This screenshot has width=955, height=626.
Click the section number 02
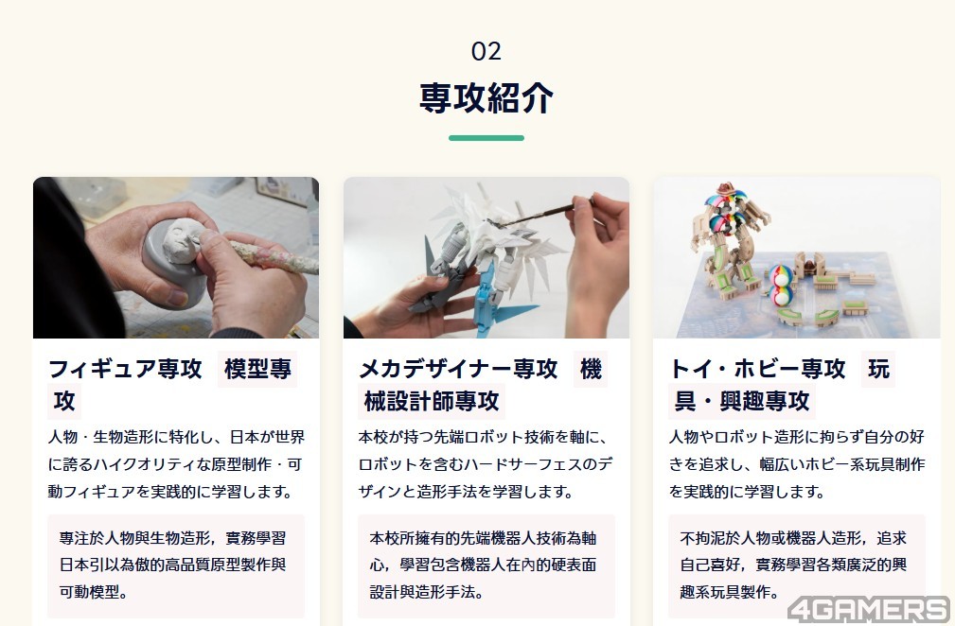(486, 51)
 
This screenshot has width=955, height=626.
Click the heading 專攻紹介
(486, 97)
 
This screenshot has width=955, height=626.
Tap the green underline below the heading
(486, 138)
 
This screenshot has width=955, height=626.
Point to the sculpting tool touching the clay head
(268, 255)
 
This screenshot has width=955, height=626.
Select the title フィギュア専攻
(125, 369)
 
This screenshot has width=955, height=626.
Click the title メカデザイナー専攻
(458, 369)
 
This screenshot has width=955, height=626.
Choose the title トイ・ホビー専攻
(757, 369)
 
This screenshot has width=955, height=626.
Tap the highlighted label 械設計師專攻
(432, 401)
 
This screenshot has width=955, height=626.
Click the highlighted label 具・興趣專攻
(742, 401)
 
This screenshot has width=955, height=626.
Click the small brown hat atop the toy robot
(726, 188)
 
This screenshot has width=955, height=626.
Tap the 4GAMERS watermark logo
(869, 609)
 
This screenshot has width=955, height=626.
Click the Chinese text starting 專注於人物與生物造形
(172, 565)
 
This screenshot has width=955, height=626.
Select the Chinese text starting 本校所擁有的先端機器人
(483, 565)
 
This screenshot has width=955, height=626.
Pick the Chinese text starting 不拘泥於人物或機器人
(793, 565)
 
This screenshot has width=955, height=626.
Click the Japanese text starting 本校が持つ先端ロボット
(486, 464)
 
